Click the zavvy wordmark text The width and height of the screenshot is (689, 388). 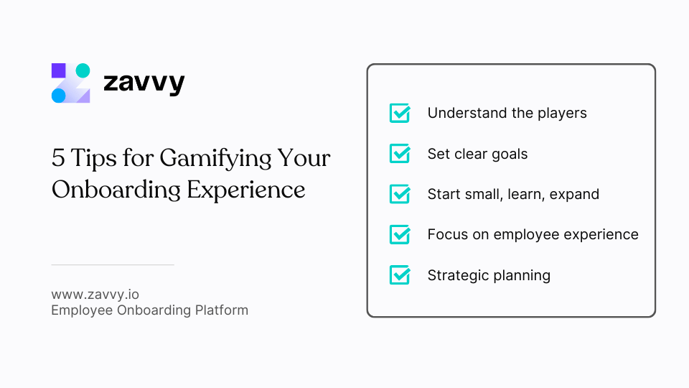pyautogui.click(x=144, y=83)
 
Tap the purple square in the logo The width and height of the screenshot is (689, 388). pyautogui.click(x=59, y=70)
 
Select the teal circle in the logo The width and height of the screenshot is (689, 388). pyautogui.click(x=83, y=70)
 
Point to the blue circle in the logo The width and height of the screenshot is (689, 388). pyautogui.click(x=59, y=96)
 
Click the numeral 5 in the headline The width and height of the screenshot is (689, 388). pyautogui.click(x=58, y=158)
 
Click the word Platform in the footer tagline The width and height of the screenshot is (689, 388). pyautogui.click(x=221, y=310)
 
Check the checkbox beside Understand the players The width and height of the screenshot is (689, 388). pyautogui.click(x=399, y=113)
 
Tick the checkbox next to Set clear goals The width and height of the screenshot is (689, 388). pyautogui.click(x=399, y=154)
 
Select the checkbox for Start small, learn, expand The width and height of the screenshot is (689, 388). pyautogui.click(x=399, y=194)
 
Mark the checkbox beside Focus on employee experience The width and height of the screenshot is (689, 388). pyautogui.click(x=399, y=234)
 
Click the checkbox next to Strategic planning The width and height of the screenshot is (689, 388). pyautogui.click(x=399, y=274)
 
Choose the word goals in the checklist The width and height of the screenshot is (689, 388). pyautogui.click(x=509, y=154)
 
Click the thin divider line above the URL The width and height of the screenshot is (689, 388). pyautogui.click(x=113, y=265)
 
